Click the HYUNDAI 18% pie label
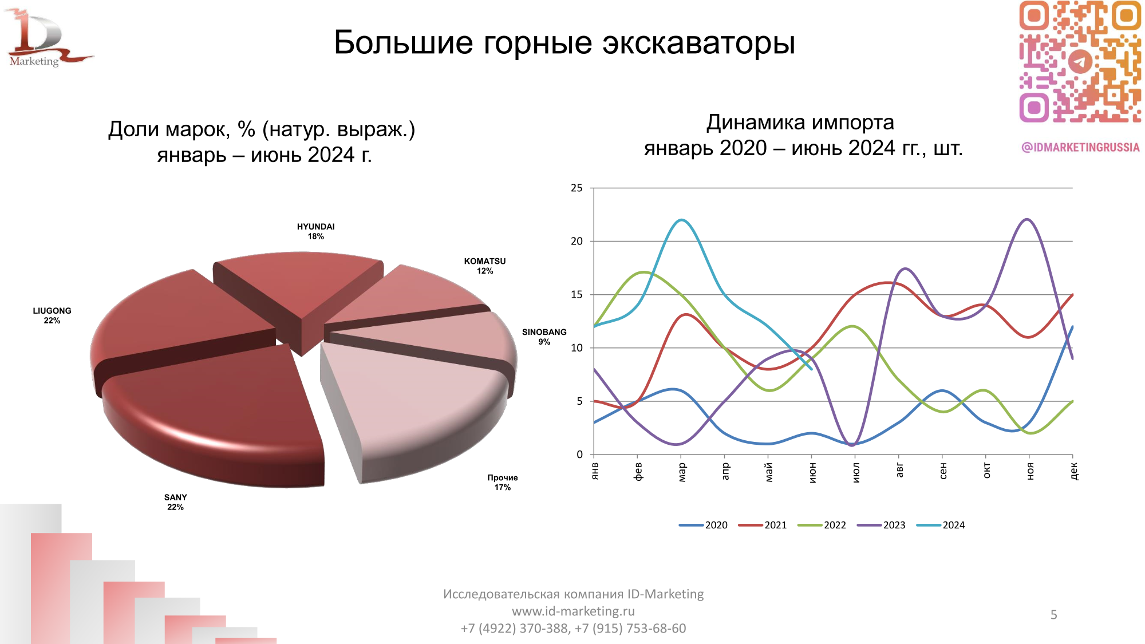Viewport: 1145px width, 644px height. coord(315,231)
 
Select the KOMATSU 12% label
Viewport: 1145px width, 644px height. coord(484,266)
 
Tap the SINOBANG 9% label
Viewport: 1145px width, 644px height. coord(544,337)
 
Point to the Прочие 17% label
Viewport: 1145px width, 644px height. coord(502,482)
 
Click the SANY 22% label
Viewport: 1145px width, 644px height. coord(175,502)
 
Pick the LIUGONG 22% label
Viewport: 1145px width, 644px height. coord(52,315)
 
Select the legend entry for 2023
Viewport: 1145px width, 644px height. coord(882,525)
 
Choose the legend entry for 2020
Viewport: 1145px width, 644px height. coord(704,525)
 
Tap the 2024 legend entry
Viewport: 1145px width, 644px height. coord(942,525)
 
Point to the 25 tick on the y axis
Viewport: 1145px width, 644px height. coord(577,188)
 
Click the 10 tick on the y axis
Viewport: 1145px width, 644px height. coord(577,347)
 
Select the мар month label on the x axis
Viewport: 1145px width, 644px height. coord(681,472)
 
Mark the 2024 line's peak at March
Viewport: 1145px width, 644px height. coord(681,220)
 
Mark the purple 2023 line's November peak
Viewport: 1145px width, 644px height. coord(1028,219)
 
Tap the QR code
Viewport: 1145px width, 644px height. coord(1080,61)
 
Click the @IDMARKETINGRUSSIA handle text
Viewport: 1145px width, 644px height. coord(1080,147)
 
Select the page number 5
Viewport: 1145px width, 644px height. coord(1053,615)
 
